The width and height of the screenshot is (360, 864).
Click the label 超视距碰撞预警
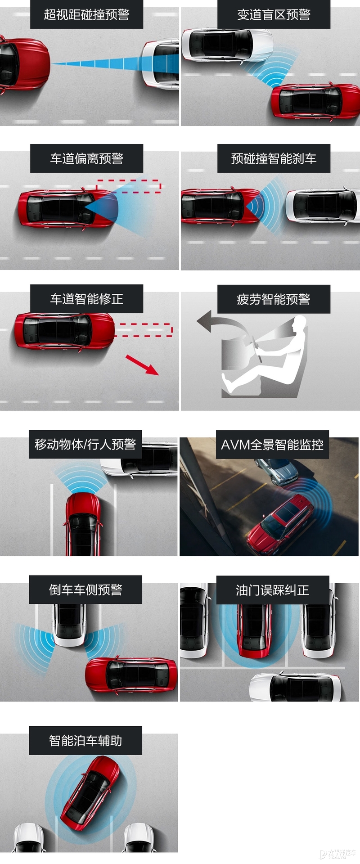tap(86, 14)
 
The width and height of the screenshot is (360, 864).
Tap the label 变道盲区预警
tap(274, 14)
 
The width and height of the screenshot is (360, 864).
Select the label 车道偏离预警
tap(86, 158)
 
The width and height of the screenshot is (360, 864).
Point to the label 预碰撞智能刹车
tap(274, 158)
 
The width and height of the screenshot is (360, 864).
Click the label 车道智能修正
tap(86, 299)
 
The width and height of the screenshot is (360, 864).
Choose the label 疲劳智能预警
tap(274, 299)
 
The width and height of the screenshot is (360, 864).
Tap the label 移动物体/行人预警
tap(85, 444)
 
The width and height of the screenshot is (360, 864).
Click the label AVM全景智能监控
tap(272, 445)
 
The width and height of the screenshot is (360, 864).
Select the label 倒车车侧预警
tap(85, 589)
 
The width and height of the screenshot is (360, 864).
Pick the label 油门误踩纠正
tap(273, 590)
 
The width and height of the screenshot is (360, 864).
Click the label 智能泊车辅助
tap(85, 740)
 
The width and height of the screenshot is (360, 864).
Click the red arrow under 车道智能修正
tap(142, 365)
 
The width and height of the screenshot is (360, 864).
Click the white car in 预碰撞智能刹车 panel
tap(322, 206)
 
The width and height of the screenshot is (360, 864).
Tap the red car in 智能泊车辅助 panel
tap(90, 792)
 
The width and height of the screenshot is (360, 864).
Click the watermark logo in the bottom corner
tap(337, 854)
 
